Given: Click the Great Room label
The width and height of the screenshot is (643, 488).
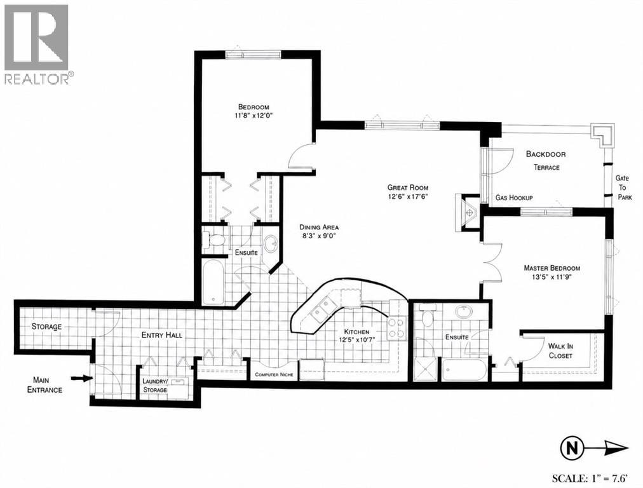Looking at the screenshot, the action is tap(408, 188).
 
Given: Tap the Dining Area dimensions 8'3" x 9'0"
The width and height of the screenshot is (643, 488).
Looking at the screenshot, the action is tap(318, 236).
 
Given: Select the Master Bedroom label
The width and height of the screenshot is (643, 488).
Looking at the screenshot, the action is tap(552, 268).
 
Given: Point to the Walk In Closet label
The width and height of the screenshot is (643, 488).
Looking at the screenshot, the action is tap(560, 351).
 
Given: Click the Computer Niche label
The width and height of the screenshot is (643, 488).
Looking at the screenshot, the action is tap(274, 375).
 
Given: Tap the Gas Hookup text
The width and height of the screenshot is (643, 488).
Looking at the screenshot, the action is tap(514, 198).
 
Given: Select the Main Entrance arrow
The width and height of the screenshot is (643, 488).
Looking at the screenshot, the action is tap(81, 378).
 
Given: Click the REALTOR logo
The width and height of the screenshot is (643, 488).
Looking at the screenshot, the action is tap(36, 44).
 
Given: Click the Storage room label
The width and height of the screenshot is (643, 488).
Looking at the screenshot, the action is tap(47, 327).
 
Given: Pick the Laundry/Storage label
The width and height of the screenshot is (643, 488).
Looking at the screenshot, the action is tap(154, 386).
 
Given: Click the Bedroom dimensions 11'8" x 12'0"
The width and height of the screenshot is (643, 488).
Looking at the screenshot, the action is tap(252, 116).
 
